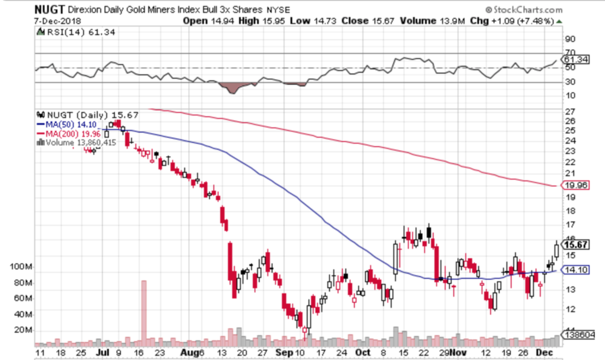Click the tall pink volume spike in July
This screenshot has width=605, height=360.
(144, 312)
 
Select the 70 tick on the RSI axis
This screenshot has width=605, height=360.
(570, 53)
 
